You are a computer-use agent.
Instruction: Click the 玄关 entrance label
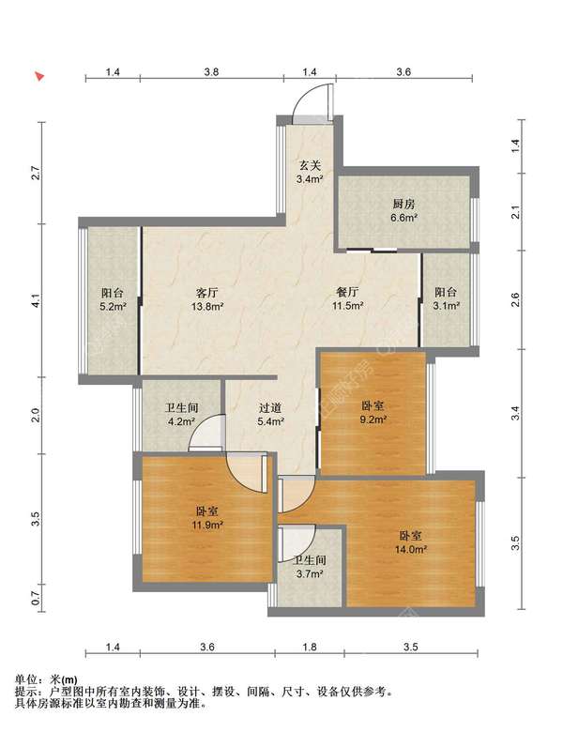click(x=310, y=165)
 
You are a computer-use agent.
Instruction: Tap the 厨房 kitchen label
click(x=403, y=205)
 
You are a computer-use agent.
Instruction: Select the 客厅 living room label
click(x=206, y=293)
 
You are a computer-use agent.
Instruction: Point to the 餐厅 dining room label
click(x=348, y=293)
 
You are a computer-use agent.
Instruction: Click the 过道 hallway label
click(x=271, y=408)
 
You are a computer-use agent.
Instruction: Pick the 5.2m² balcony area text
click(x=114, y=307)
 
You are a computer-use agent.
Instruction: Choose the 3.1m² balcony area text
click(x=447, y=306)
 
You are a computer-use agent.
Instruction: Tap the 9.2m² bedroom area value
click(x=373, y=419)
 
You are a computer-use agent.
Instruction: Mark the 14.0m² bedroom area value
click(x=411, y=549)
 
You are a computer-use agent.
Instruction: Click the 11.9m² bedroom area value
click(x=207, y=526)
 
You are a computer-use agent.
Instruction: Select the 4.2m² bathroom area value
click(x=182, y=421)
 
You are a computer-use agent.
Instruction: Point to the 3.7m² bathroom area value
click(x=310, y=573)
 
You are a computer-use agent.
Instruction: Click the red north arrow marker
click(x=40, y=77)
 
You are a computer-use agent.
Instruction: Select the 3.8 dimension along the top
click(x=211, y=72)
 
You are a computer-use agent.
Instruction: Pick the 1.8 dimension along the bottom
click(x=310, y=647)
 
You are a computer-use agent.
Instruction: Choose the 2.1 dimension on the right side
click(x=515, y=212)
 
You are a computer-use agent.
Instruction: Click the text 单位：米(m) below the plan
click(x=46, y=679)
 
